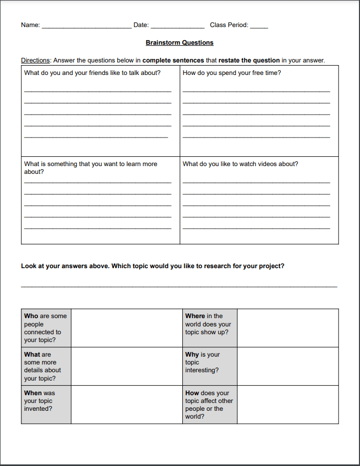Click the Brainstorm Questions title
179,43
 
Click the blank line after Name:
86,27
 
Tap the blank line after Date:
177,27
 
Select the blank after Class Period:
259,27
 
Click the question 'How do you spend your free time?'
232,73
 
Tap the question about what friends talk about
92,73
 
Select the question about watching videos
240,164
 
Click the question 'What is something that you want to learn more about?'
90,165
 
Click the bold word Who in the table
31,316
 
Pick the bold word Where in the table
195,316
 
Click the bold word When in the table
33,393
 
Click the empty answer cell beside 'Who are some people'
126,328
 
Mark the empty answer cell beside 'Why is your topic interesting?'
288,366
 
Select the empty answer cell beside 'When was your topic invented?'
126,405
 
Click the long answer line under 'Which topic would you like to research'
179,285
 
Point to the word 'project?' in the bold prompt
272,266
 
